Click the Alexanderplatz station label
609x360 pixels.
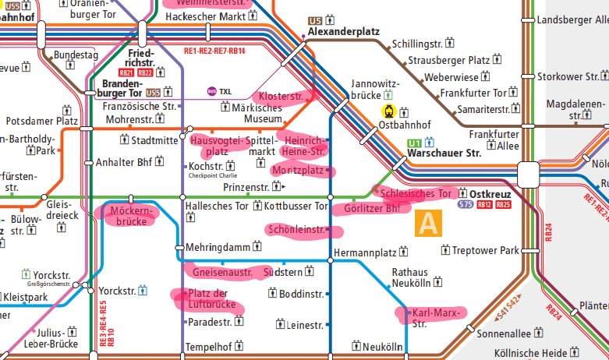[x=344, y=33]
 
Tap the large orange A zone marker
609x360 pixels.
[x=429, y=223]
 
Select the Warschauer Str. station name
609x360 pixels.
[x=443, y=154]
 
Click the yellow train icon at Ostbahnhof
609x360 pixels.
[x=388, y=111]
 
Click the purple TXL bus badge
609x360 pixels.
[x=219, y=90]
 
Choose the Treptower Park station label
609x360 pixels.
[x=485, y=250]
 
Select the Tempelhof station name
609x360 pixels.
[x=208, y=347]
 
